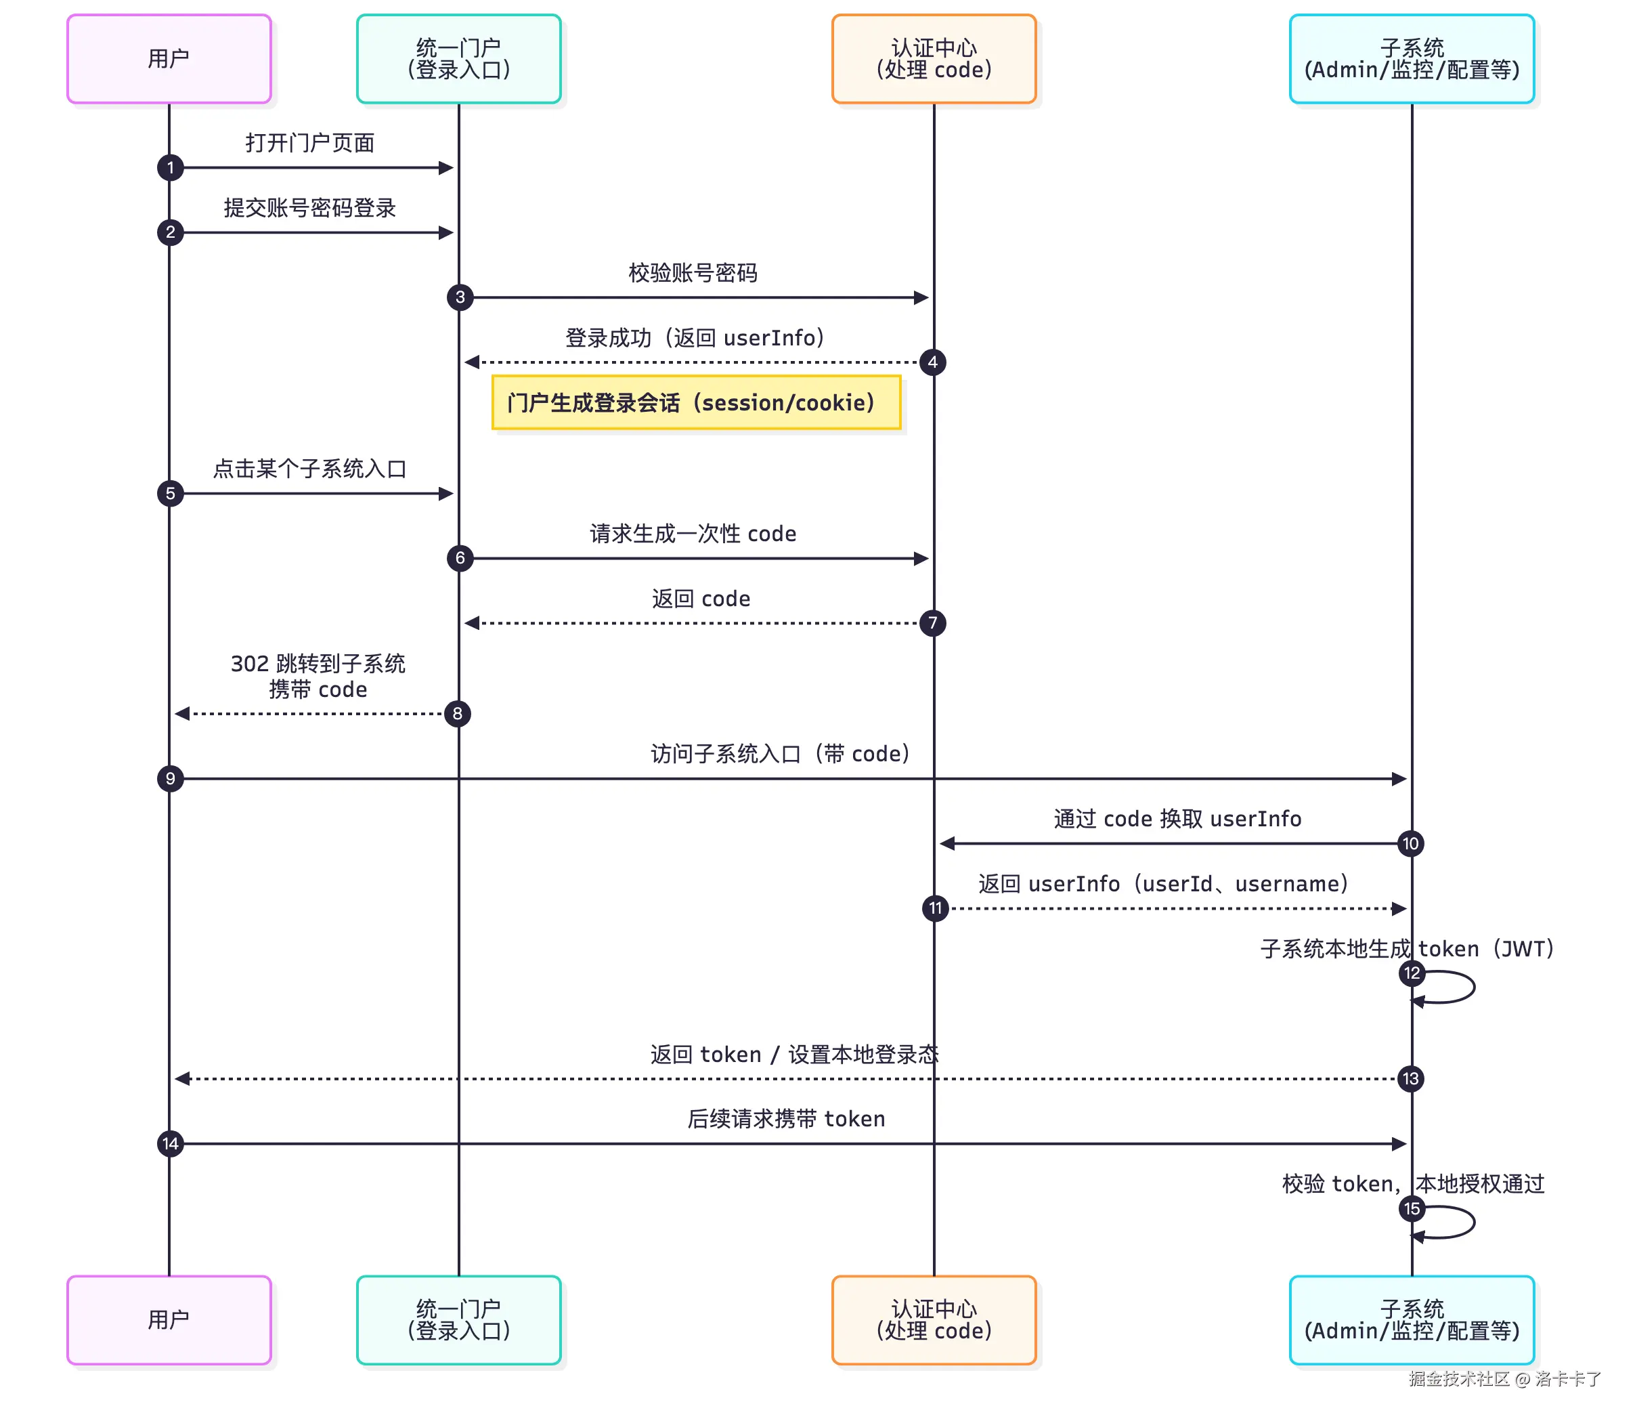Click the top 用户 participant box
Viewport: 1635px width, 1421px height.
169,59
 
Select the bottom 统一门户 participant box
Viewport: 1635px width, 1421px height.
458,1319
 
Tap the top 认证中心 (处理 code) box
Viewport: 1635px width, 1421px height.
934,59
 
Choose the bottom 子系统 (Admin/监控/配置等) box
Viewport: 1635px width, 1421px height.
1412,1319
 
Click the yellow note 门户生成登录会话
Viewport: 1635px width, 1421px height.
696,403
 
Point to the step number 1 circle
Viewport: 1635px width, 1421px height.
171,167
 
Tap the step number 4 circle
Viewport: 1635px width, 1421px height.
933,362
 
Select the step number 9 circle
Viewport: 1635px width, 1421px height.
171,779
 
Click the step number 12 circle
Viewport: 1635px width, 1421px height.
1412,973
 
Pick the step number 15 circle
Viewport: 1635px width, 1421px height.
1412,1208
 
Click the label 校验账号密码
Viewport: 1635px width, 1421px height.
693,273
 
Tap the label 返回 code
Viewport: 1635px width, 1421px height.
701,599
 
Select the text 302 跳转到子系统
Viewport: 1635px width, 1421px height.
318,663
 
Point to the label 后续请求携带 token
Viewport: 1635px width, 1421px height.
785,1119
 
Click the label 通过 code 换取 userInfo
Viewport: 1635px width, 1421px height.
1177,818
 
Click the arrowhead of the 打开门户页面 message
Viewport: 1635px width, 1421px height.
446,167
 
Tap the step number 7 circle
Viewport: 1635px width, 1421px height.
933,623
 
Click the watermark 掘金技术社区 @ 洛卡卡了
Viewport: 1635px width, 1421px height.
1504,1379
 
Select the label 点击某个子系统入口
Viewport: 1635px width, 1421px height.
310,469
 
